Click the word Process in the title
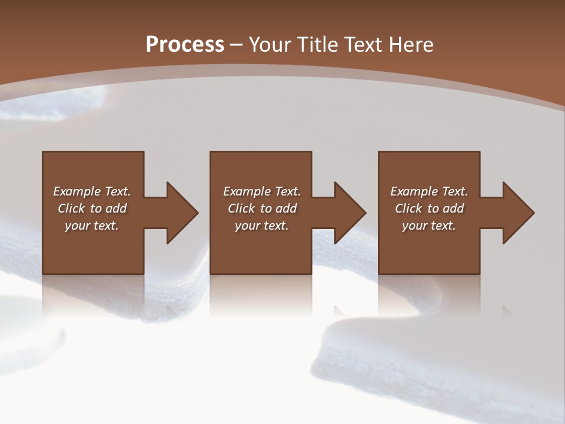pyautogui.click(x=185, y=44)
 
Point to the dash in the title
pyautogui.click(x=237, y=45)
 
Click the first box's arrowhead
pyautogui.click(x=182, y=213)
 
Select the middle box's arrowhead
pyautogui.click(x=350, y=213)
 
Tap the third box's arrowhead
pyautogui.click(x=518, y=213)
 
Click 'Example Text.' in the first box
pyautogui.click(x=92, y=191)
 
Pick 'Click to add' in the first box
pyautogui.click(x=92, y=208)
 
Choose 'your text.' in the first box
pyautogui.click(x=92, y=226)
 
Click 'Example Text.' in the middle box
pyautogui.click(x=262, y=191)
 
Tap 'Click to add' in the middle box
pyautogui.click(x=262, y=208)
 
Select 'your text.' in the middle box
pyautogui.click(x=262, y=226)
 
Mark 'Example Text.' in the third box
pyautogui.click(x=429, y=191)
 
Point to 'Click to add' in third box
pyautogui.click(x=429, y=208)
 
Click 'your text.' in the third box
pyautogui.click(x=429, y=226)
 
